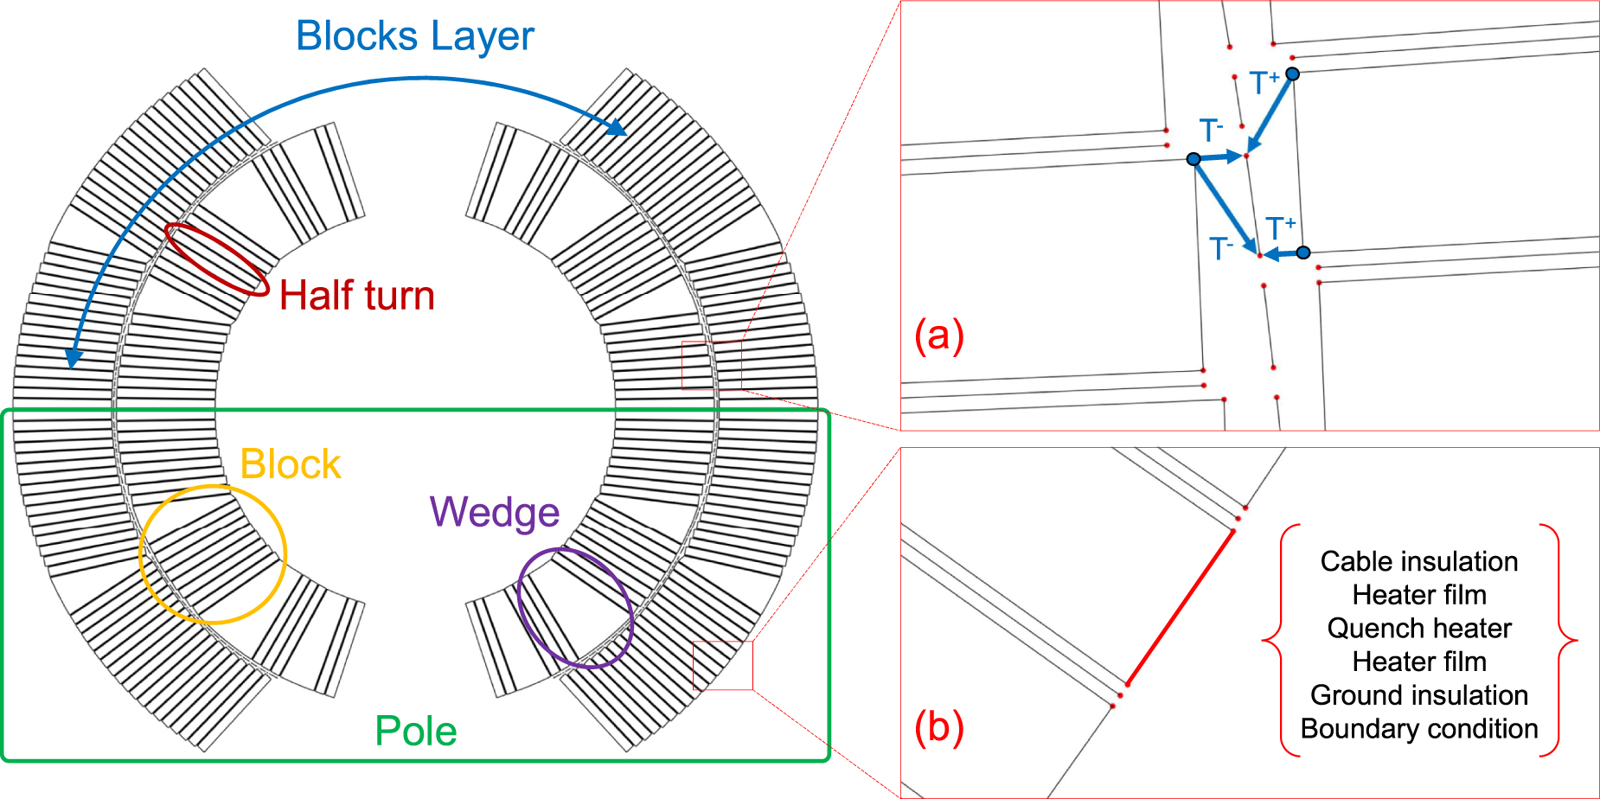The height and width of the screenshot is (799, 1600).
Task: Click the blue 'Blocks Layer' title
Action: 415,36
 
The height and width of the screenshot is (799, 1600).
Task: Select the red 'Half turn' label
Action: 356,296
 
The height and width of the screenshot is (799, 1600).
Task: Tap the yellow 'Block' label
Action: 290,464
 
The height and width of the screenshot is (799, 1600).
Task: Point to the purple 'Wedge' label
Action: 495,512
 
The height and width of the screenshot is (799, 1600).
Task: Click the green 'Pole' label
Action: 415,732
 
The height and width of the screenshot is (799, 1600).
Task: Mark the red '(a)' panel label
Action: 938,336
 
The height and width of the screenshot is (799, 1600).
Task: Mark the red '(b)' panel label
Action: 938,727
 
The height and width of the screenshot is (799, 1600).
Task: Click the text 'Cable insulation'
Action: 1418,561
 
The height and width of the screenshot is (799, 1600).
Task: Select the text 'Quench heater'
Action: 1418,628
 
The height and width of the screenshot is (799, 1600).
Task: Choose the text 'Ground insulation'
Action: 1418,695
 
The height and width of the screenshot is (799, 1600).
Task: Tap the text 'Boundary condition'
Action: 1418,729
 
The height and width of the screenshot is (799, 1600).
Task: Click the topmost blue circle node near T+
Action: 1292,74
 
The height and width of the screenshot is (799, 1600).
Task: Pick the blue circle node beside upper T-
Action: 1194,159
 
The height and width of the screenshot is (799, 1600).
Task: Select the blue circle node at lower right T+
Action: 1303,252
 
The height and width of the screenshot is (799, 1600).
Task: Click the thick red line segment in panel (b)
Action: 1181,607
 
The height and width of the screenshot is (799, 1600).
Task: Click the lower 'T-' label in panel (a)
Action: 1220,249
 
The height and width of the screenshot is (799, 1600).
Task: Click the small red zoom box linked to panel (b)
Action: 723,665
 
